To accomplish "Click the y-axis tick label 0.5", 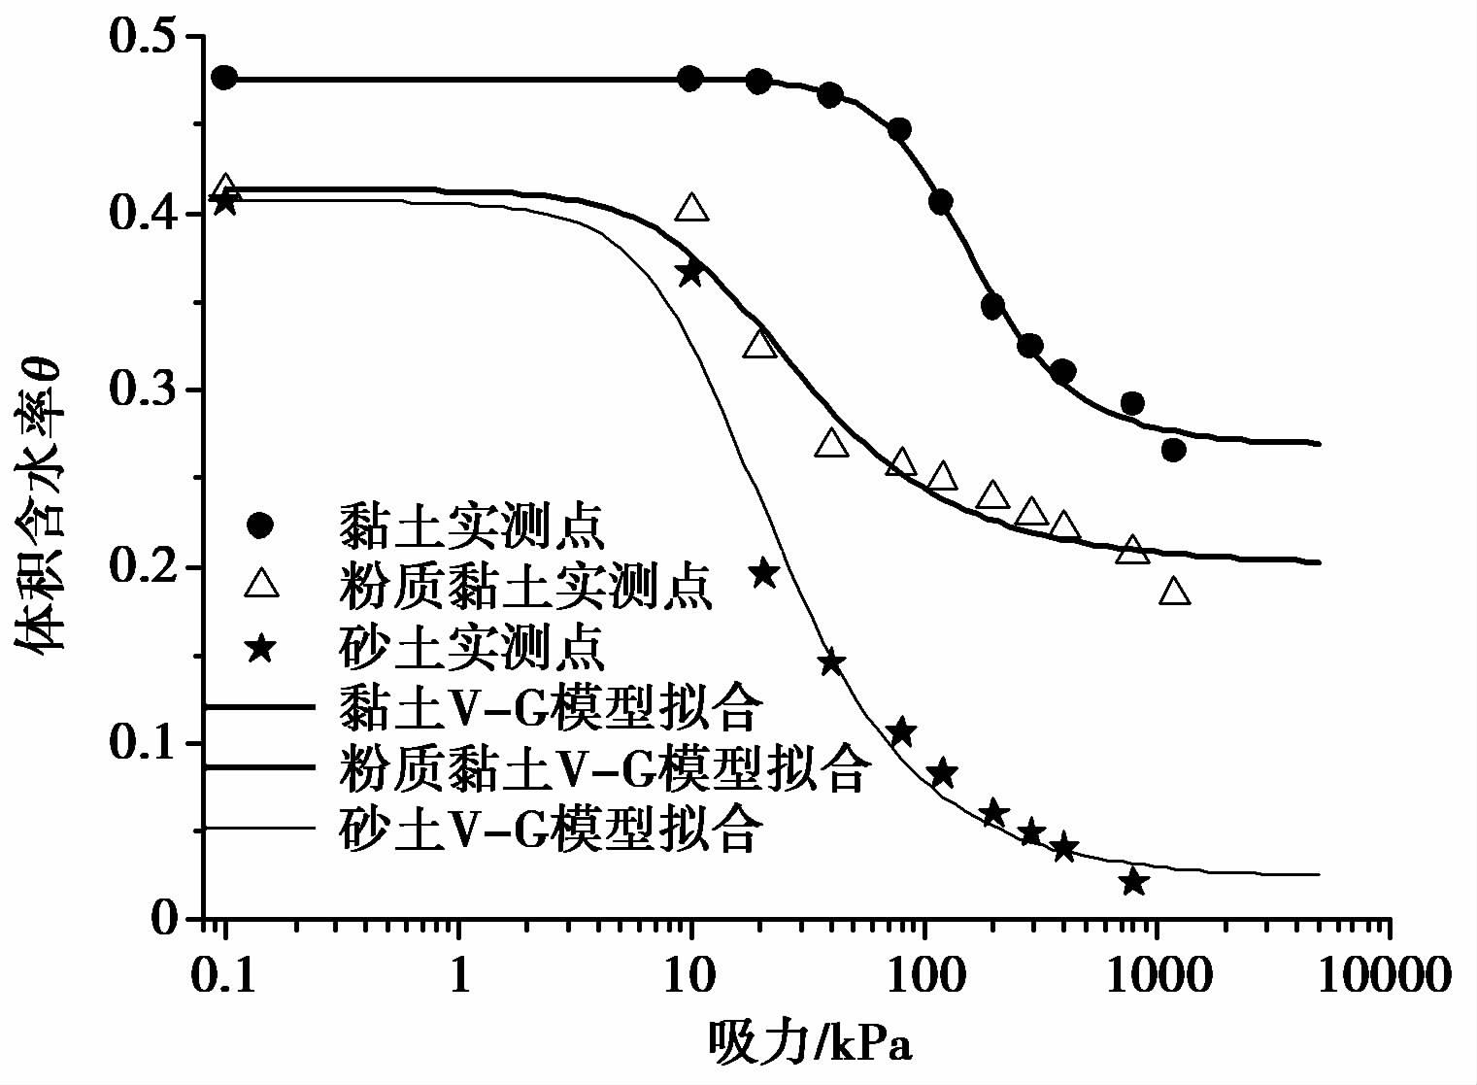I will (144, 37).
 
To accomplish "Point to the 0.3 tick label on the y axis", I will (144, 390).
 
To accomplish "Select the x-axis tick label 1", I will (458, 973).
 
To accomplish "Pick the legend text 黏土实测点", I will (471, 526).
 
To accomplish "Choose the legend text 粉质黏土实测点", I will (525, 585).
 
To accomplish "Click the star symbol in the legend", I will (260, 646).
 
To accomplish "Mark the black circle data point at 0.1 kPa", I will (224, 78).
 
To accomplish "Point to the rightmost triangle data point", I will (1174, 591).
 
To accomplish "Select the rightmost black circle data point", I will (1173, 450).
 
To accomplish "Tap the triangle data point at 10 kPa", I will (690, 207).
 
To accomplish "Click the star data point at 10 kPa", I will (689, 273).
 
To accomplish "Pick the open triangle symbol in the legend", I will (260, 584).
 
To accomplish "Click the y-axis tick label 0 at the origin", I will (163, 919).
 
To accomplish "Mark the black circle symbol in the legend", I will (260, 526).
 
